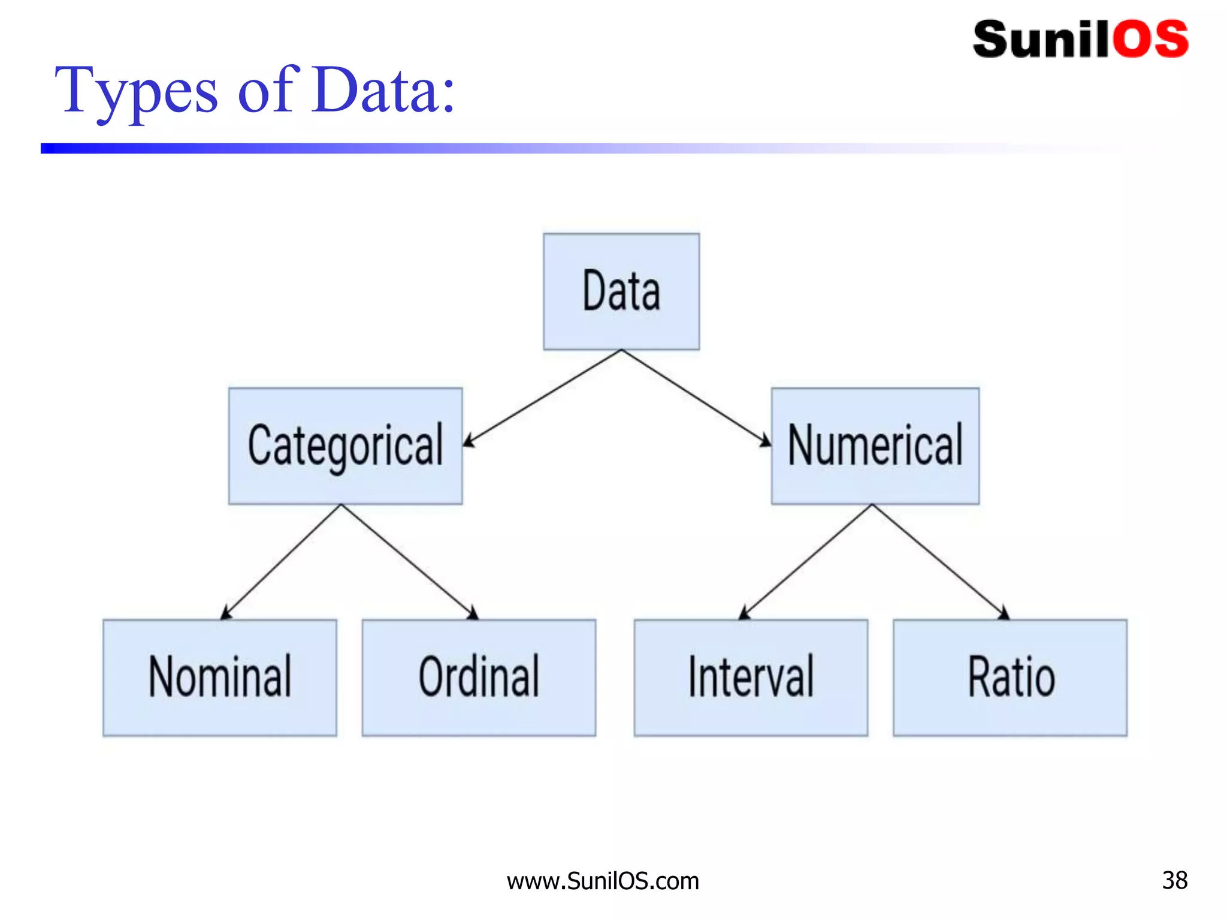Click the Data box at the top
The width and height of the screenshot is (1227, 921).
coord(621,291)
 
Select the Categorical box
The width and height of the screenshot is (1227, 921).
coord(345,446)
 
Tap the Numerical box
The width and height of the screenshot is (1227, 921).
coord(875,446)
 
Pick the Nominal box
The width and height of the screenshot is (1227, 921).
coord(219,678)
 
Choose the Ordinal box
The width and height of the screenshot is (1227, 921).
coord(479,678)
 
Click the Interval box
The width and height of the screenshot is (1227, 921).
coord(751,678)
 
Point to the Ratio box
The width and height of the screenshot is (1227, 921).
coord(1010,678)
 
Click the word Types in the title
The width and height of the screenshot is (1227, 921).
coord(137,92)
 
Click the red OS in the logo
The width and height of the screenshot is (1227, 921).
coord(1150,40)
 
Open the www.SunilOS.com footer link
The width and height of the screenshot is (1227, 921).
coord(603,881)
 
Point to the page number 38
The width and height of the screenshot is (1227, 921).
coord(1174,880)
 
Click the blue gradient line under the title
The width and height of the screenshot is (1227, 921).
coord(419,148)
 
